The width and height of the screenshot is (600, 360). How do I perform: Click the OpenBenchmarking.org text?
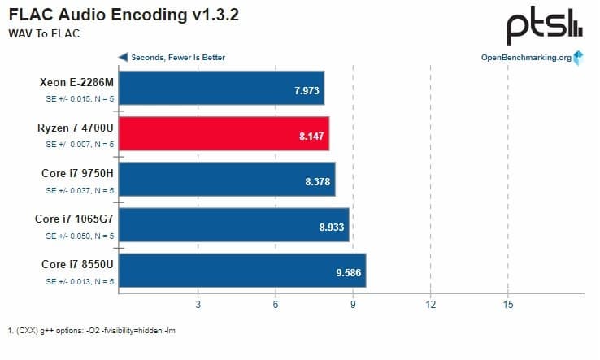click(526, 58)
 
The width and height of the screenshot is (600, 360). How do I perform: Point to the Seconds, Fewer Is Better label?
click(178, 58)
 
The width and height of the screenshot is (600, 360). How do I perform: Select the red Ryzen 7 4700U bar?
click(227, 134)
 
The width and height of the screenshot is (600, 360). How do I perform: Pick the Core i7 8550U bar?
click(245, 271)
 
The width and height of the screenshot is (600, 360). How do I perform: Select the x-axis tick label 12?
click(430, 305)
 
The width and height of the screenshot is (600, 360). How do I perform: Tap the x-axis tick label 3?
click(198, 305)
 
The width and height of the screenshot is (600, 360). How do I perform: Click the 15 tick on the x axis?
click(507, 305)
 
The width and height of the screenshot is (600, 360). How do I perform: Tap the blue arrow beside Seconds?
click(124, 58)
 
